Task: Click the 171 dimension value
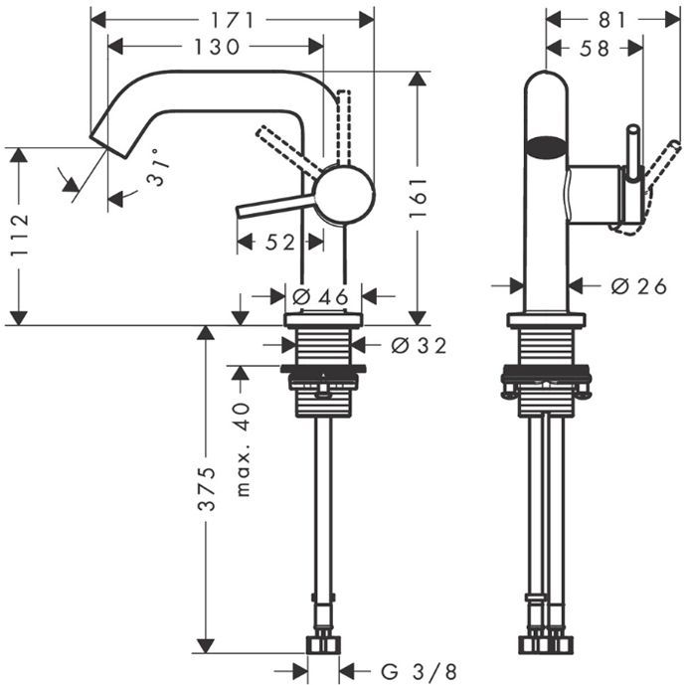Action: [238, 19]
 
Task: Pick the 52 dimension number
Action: [279, 242]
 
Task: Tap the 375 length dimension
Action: [206, 489]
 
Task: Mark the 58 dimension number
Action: [594, 47]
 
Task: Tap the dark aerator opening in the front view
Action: [546, 149]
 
